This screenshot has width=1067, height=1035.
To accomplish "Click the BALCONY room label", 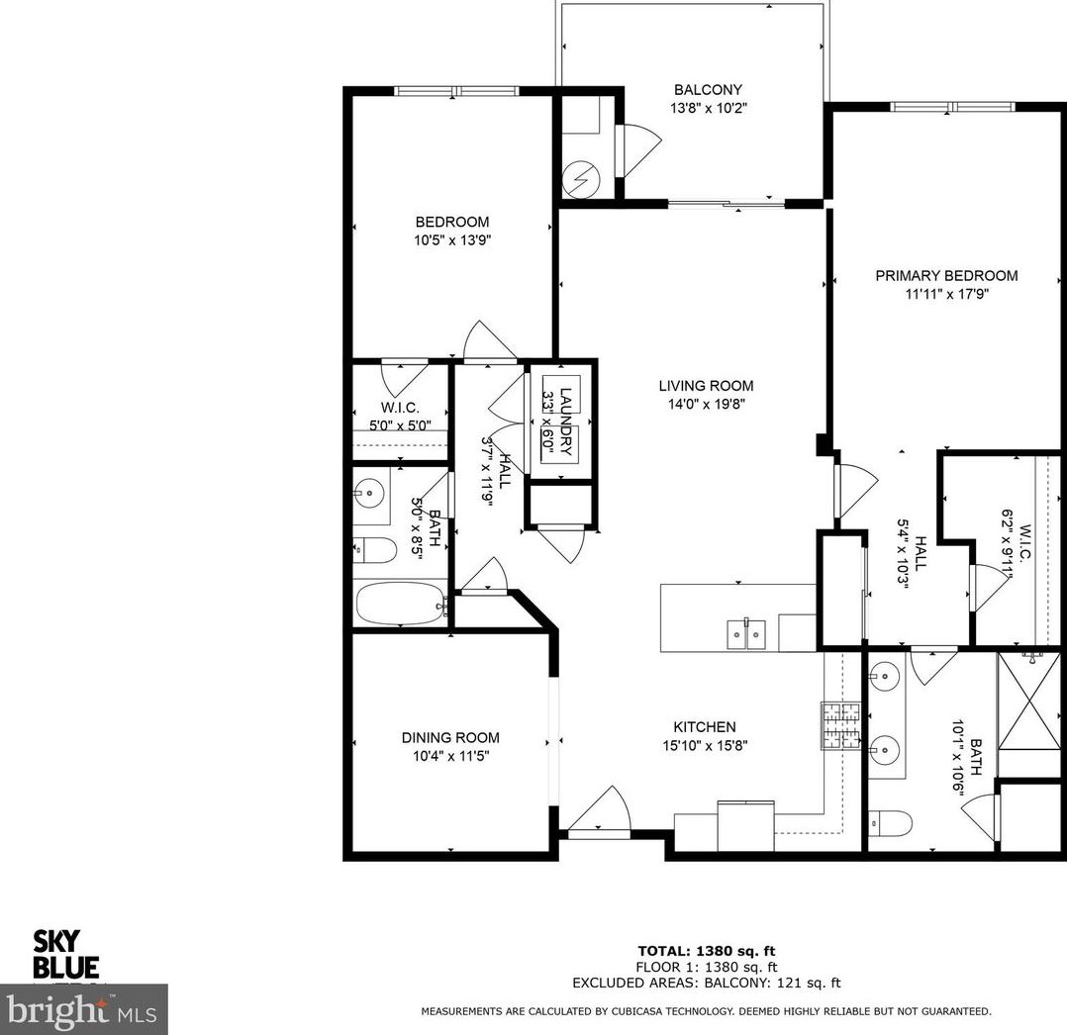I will click(x=707, y=90).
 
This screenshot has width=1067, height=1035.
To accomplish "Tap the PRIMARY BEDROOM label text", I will click(x=945, y=276).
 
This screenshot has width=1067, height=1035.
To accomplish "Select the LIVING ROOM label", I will click(x=706, y=386).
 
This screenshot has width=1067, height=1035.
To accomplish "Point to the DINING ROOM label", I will click(x=449, y=737).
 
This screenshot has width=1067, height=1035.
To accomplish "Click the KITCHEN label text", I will click(x=705, y=726).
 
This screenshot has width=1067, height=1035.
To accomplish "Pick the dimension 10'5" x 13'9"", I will click(x=451, y=239).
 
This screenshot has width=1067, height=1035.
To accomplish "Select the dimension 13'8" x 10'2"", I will click(x=707, y=108).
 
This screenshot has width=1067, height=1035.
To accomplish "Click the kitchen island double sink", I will click(x=747, y=633).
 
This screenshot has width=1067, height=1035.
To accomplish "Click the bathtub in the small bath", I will click(x=399, y=603).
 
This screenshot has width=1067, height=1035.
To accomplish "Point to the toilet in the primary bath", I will click(x=890, y=823).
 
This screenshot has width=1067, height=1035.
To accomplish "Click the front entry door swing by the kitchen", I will click(x=600, y=813).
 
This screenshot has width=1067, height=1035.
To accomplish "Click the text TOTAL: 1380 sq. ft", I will click(x=706, y=950).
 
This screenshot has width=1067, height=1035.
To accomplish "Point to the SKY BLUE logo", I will click(x=66, y=953).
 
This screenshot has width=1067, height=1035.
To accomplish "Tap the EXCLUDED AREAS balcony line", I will click(x=706, y=984).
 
